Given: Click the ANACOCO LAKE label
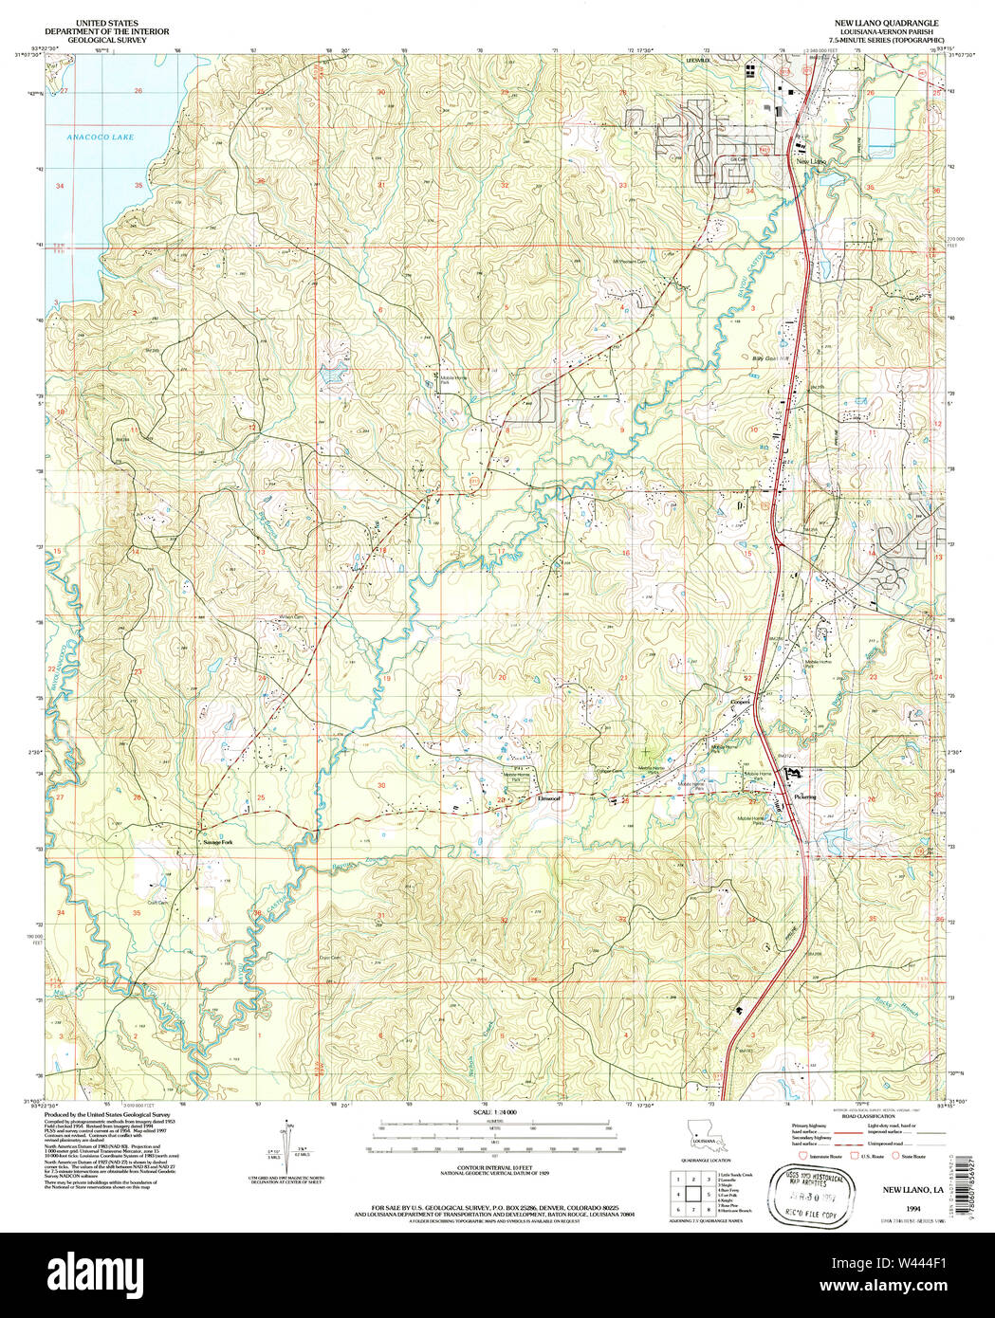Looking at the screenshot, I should [x=100, y=137].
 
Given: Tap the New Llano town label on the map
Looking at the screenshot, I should [x=812, y=162].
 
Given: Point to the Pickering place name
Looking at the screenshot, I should [x=805, y=797].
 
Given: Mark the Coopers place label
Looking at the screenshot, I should [x=740, y=702].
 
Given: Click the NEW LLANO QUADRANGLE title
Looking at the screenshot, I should [x=885, y=22].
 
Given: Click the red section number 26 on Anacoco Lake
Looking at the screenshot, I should [x=138, y=91].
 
